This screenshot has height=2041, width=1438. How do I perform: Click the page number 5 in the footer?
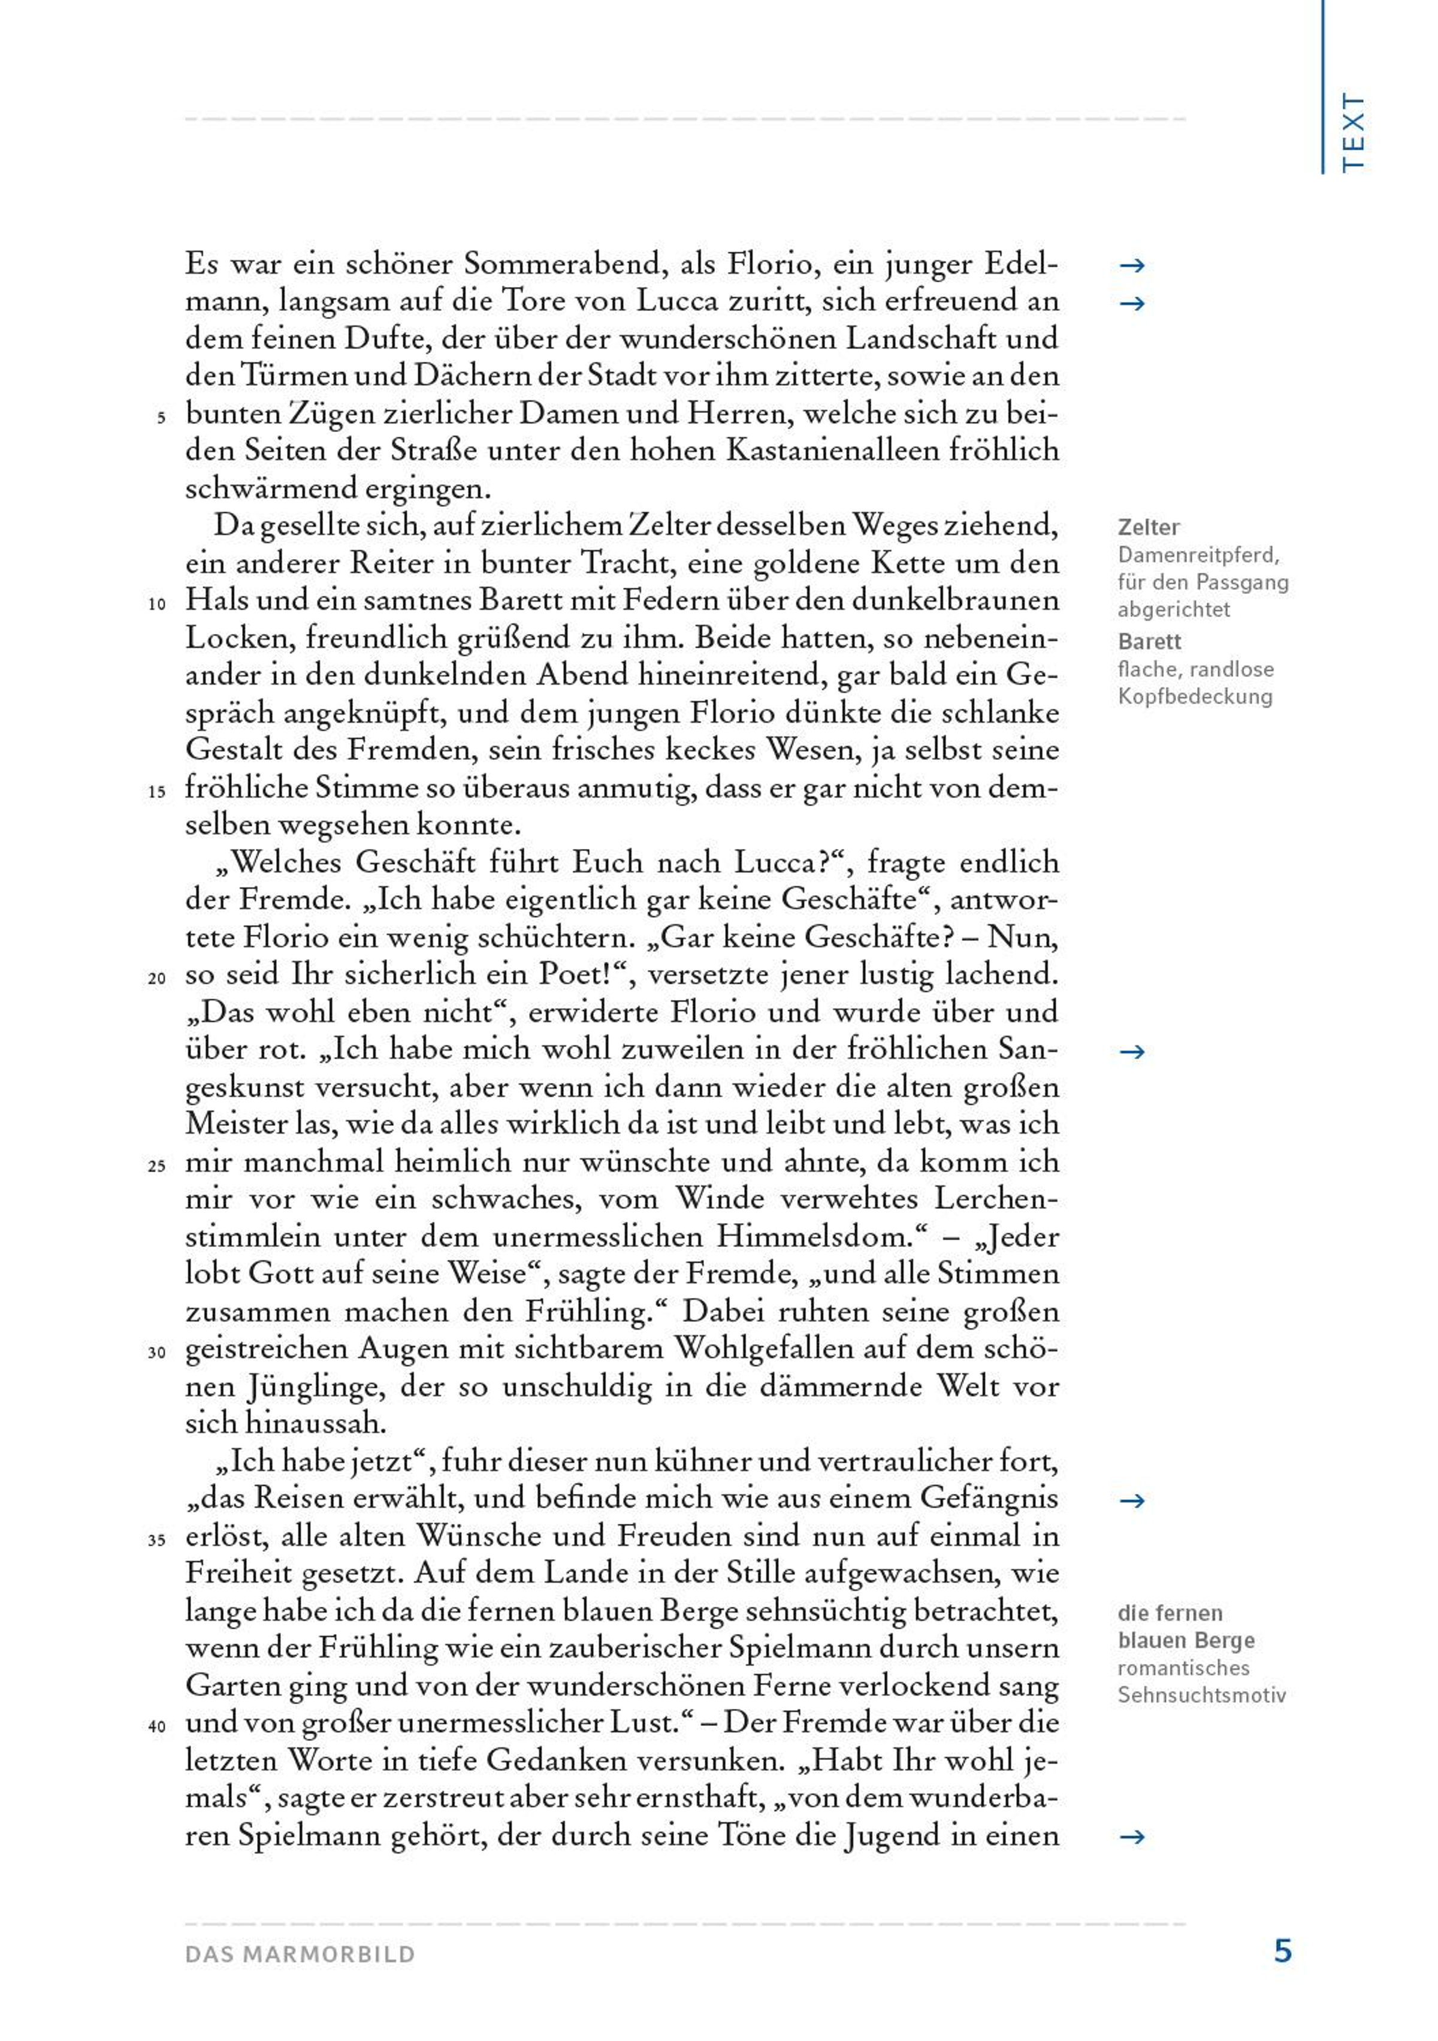1282,1951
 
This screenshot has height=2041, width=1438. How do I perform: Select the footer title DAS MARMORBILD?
300,1954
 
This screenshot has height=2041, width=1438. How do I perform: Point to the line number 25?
156,1166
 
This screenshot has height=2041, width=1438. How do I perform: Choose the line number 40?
156,1727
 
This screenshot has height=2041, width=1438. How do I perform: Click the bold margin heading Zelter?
1148,527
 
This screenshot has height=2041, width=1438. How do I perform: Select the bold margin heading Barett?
1149,641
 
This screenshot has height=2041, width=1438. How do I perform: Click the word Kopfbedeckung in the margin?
1195,696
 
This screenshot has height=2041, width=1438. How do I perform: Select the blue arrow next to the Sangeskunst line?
1131,1052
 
